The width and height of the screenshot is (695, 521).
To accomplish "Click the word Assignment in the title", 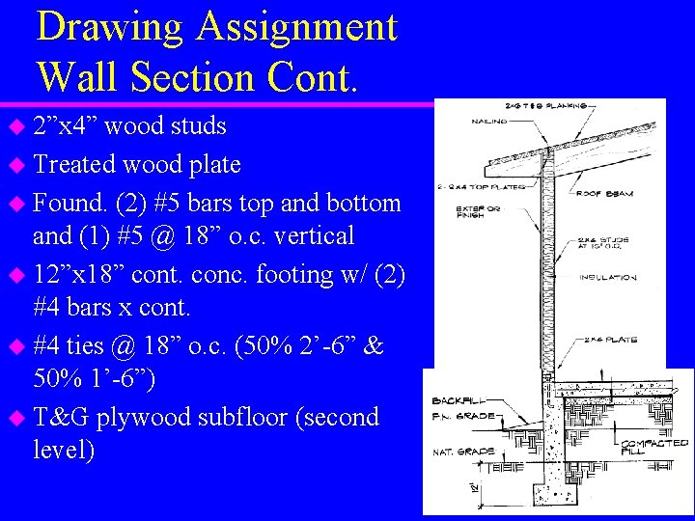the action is (296, 26).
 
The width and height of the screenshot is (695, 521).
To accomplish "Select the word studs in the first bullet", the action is (198, 125).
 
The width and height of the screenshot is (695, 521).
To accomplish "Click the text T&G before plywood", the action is (60, 417).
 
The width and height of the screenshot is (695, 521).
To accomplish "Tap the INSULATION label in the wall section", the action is (608, 277).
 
